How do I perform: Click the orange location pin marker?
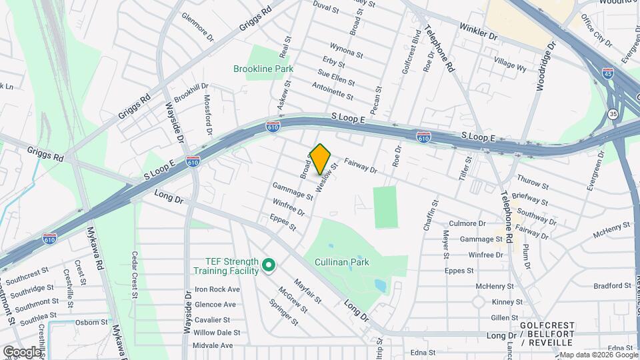pos(320,159)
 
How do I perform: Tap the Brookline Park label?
pos(263,69)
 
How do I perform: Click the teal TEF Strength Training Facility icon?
pos(269,266)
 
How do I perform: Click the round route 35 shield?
pos(613,114)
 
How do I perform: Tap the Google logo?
pos(22,351)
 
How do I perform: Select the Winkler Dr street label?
pos(478,31)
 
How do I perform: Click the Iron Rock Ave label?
pos(217,289)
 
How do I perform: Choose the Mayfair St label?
pos(308,292)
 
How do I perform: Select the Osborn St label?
pos(91,322)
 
